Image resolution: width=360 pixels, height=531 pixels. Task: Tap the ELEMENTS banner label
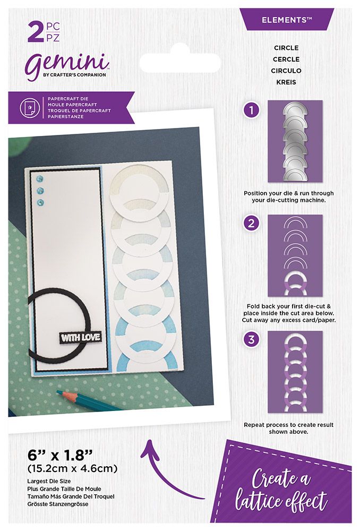click(287, 20)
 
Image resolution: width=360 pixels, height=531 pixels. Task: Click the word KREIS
click(286, 82)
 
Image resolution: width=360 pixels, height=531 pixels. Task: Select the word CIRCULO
click(286, 71)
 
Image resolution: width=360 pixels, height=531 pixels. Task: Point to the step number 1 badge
click(251, 110)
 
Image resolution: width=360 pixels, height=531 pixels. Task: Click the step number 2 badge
click(251, 224)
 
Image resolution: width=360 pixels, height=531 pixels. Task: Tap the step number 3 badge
click(251, 339)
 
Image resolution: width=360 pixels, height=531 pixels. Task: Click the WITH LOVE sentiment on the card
click(80, 337)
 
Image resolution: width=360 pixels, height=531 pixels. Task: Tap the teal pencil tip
click(58, 392)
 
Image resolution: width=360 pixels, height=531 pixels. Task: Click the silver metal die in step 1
click(295, 141)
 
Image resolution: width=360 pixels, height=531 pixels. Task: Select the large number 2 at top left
click(36, 32)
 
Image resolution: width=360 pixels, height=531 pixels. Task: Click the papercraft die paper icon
click(27, 107)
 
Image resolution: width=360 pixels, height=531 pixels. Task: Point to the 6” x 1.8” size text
click(59, 455)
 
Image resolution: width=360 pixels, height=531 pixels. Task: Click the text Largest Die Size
click(49, 481)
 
